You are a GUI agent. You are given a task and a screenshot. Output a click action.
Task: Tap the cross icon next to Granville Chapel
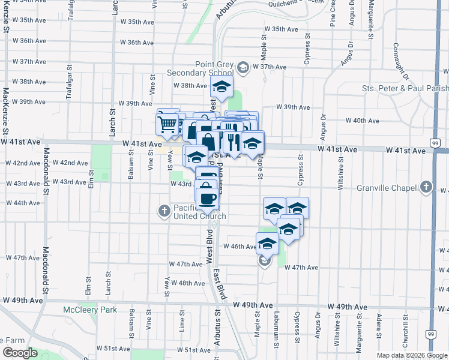pyautogui.click(x=426, y=187)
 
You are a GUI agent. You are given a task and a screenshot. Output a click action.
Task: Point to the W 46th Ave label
pyautogui.click(x=240, y=247)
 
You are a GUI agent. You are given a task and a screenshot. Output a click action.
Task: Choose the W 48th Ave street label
pyautogui.click(x=188, y=283)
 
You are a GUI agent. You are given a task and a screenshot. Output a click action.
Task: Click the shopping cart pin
pyautogui.click(x=168, y=124)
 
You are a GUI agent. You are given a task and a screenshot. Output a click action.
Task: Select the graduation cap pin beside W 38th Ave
pyautogui.click(x=221, y=86)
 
